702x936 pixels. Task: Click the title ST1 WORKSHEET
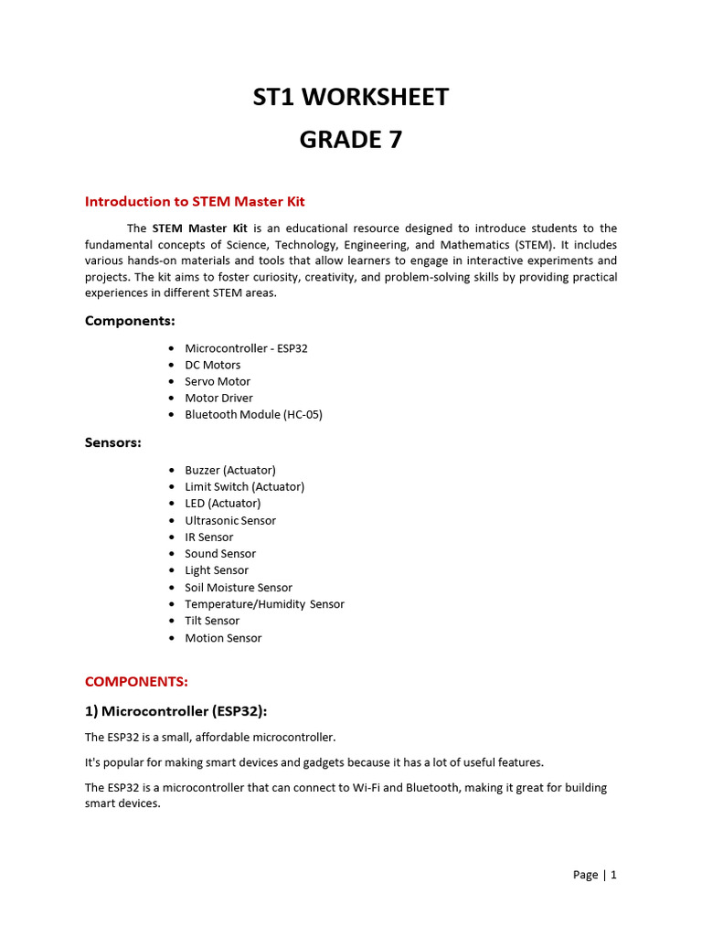pos(351,97)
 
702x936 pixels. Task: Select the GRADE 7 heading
pos(351,140)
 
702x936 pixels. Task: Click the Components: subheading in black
pos(130,321)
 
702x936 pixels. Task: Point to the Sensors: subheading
pos(113,442)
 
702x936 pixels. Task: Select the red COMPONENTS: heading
pos(136,682)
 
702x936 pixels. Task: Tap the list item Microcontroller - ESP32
pos(247,348)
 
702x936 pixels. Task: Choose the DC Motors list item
pos(213,365)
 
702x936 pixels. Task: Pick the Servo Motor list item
pos(218,381)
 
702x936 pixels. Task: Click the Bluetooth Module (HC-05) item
pos(253,414)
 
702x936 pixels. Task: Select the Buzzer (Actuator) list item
pos(230,470)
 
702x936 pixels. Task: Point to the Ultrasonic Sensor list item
pos(230,520)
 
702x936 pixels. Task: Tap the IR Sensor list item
pos(209,537)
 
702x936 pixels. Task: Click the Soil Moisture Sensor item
pos(239,588)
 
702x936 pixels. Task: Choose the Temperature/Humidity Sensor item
pos(264,604)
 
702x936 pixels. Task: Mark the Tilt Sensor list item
pos(212,621)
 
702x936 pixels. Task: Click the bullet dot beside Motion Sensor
pos(173,638)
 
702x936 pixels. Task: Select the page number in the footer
pos(595,875)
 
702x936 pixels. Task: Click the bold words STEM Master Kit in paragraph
pos(199,229)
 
